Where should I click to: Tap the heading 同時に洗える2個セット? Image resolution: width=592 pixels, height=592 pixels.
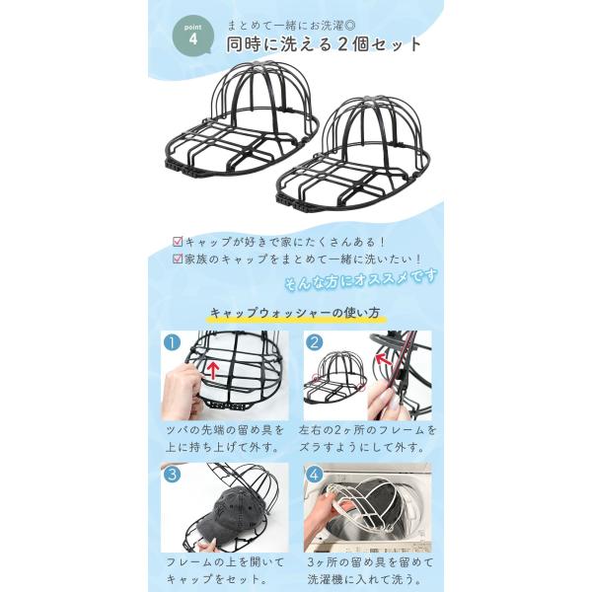(x=324, y=44)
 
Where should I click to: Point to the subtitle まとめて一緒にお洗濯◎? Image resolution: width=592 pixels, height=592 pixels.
(x=291, y=26)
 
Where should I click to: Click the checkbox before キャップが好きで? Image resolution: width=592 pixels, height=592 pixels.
(x=178, y=242)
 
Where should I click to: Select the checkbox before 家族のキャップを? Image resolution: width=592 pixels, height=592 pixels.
(x=178, y=259)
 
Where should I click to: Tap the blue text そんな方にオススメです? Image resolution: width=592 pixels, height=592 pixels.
(x=361, y=279)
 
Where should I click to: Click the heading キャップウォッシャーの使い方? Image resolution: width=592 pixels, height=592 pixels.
(x=295, y=313)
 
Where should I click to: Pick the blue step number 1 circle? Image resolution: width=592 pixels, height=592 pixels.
(x=172, y=342)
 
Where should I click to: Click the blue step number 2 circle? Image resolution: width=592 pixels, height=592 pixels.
(x=315, y=342)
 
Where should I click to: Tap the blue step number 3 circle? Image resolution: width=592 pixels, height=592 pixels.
(x=172, y=475)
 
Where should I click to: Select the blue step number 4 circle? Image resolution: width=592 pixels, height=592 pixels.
(x=315, y=475)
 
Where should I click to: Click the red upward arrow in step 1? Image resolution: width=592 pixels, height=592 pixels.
(x=214, y=370)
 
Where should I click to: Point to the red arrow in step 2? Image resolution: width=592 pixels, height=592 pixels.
(x=383, y=359)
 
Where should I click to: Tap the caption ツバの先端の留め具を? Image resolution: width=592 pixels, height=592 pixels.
(x=225, y=430)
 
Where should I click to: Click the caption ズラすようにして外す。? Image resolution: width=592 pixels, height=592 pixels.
(x=361, y=448)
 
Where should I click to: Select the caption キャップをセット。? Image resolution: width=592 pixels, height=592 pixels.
(x=214, y=579)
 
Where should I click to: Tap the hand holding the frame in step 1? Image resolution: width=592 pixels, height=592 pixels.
(x=182, y=392)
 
